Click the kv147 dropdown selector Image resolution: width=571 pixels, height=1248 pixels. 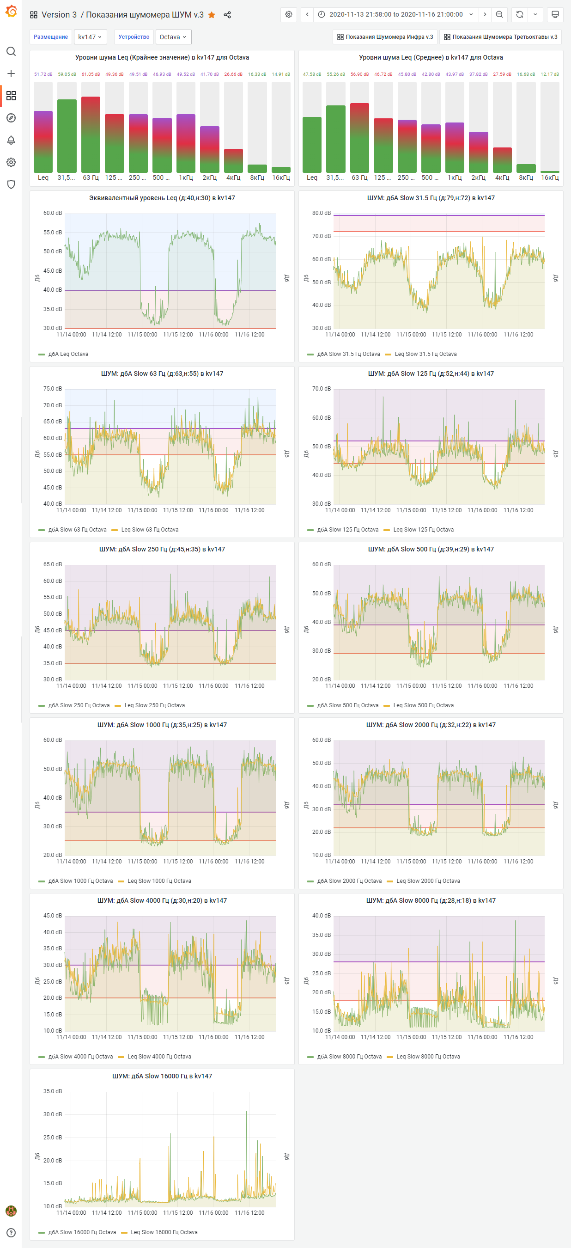point(90,37)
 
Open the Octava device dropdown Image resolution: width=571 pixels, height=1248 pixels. point(173,37)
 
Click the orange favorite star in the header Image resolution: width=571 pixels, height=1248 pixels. point(212,15)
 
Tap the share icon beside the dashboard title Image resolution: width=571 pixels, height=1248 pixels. point(227,15)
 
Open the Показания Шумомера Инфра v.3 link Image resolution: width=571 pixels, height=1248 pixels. point(385,37)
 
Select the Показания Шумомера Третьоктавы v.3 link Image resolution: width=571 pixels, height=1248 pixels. point(500,37)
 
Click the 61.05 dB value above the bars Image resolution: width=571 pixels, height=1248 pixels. point(91,74)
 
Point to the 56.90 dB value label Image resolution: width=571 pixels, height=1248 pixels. point(359,74)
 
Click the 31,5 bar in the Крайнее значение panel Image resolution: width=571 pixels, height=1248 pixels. point(67,135)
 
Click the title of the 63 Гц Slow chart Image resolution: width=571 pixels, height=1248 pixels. point(162,373)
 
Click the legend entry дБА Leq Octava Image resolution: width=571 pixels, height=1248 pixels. point(68,354)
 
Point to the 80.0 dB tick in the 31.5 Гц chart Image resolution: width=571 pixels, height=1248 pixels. point(321,213)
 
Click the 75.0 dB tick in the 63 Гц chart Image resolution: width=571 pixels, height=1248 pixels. point(52,389)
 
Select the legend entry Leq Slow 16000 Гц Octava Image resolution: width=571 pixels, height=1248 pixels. point(164,1232)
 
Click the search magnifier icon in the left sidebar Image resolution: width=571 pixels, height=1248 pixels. point(11,51)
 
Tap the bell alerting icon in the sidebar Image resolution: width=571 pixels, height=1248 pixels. point(11,140)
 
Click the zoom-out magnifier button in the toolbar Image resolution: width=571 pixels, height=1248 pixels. point(499,14)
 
